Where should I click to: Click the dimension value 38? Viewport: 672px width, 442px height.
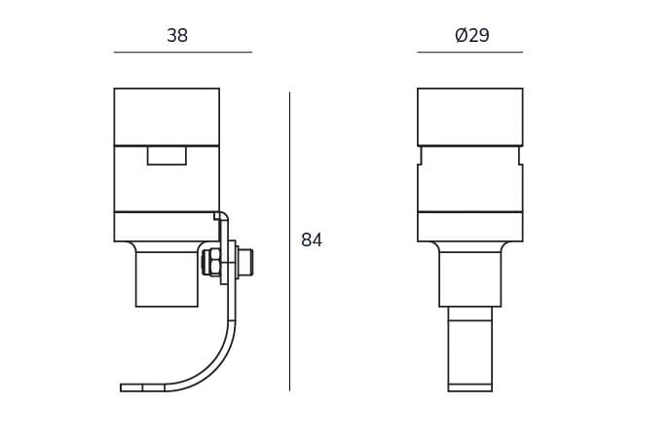coord(177,36)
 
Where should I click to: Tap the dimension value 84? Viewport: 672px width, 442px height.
coord(312,239)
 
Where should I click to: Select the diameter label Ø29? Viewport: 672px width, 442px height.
coord(471,35)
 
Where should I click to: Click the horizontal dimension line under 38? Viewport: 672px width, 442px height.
coord(183,53)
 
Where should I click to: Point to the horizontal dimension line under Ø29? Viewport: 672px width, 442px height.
coord(470,53)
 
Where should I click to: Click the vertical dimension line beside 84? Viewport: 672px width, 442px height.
coord(289,241)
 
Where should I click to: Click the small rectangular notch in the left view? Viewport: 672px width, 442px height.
coord(167,156)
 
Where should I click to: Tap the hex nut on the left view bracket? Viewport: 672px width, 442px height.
coord(211,262)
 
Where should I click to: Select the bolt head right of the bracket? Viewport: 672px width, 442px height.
coord(245,262)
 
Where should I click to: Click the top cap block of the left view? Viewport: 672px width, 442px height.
coord(167,117)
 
